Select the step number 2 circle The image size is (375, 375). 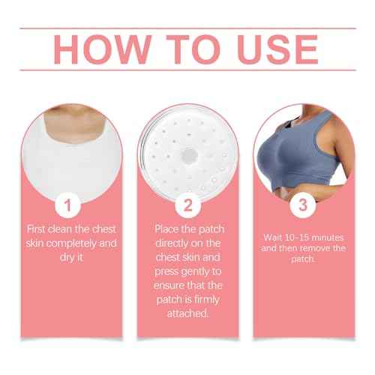[187, 205]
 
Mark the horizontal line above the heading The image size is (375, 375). [187, 28]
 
